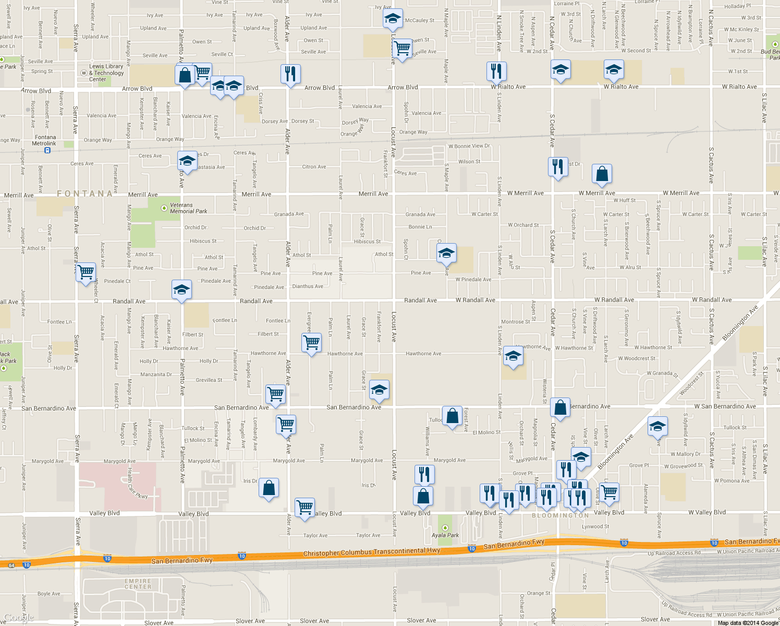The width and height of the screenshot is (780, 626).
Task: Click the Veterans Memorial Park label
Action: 188,208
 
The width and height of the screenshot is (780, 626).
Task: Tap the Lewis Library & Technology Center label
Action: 106,73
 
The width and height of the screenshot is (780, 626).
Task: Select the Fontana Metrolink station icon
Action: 47,150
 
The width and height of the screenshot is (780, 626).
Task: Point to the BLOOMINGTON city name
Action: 560,515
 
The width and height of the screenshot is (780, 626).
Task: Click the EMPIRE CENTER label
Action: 138,584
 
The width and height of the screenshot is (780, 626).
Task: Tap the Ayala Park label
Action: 445,535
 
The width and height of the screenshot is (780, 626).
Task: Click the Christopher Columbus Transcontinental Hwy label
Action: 371,552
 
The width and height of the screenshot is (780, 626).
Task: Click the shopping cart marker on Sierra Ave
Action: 86,272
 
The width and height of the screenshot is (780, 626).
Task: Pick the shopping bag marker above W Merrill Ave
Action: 602,174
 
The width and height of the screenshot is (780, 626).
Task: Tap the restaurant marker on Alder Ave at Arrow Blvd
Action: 290,74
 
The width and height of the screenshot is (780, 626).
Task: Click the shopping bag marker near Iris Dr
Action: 269,489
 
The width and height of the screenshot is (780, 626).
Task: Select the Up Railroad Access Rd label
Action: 674,553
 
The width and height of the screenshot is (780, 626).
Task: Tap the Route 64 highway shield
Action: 11,565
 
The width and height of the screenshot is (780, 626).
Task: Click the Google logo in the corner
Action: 18,618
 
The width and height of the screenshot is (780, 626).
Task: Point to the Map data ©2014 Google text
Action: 748,622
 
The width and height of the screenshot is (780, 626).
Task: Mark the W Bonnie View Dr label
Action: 469,146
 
